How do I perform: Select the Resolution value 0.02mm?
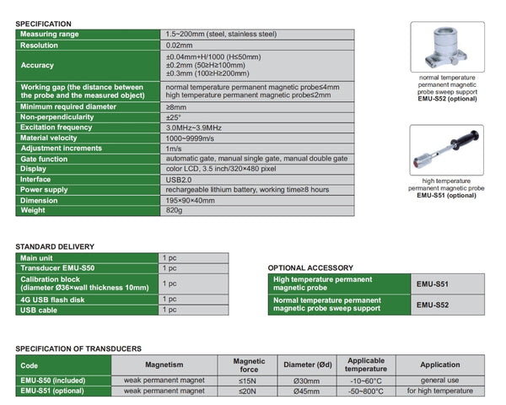(x=180, y=46)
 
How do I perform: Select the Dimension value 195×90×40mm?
(x=191, y=200)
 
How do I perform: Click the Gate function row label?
(x=47, y=158)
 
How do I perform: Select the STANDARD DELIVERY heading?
(x=55, y=246)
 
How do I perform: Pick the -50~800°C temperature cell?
(x=366, y=391)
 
